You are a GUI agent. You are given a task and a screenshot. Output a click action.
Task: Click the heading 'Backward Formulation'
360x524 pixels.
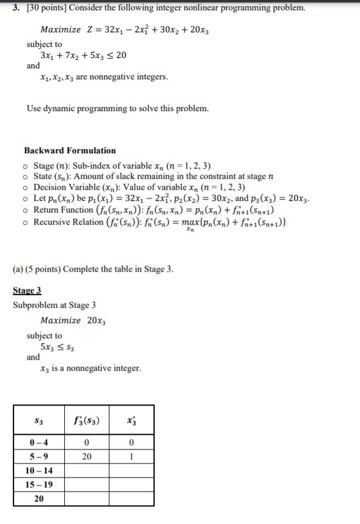click(70, 150)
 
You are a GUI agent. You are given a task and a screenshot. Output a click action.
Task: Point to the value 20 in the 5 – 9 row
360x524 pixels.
click(87, 457)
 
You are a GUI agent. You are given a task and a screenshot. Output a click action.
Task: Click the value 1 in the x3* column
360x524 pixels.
click(131, 457)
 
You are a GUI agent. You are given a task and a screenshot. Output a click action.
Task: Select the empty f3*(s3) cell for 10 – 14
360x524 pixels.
click(87, 471)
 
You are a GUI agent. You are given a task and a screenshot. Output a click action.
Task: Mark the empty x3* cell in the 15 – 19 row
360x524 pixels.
click(131, 485)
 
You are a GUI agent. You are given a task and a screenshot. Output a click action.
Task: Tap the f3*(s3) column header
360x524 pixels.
click(87, 421)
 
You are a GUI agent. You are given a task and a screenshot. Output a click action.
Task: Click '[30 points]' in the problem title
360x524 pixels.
click(39, 8)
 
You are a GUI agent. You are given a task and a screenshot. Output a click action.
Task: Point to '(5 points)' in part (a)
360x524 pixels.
click(47, 269)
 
